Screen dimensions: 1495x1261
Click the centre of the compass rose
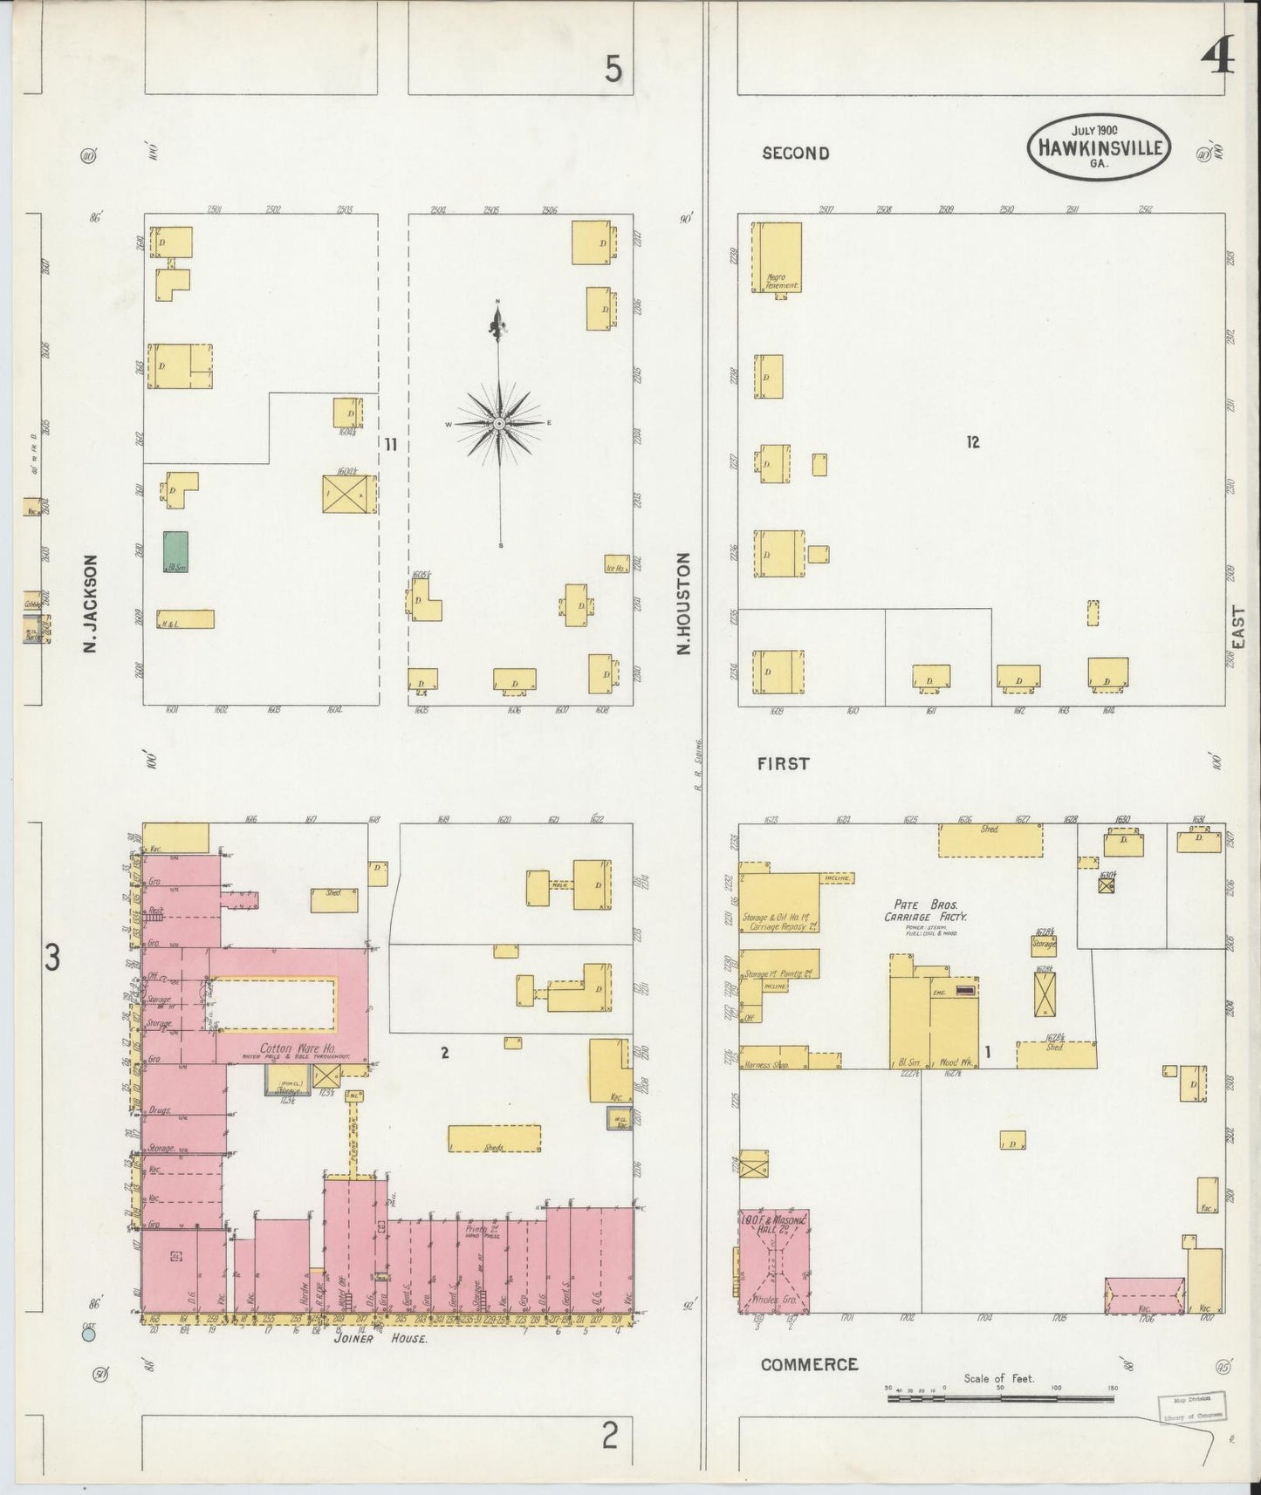(498, 423)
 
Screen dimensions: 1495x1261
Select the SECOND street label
(795, 154)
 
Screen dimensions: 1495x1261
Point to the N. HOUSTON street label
(684, 603)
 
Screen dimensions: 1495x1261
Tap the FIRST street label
(783, 763)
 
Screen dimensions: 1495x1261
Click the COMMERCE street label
(809, 1364)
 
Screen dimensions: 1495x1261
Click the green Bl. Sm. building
(176, 551)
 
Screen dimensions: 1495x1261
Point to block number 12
(973, 442)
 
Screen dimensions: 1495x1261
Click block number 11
(391, 445)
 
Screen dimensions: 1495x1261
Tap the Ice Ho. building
(616, 565)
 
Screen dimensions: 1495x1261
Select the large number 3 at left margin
(52, 959)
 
